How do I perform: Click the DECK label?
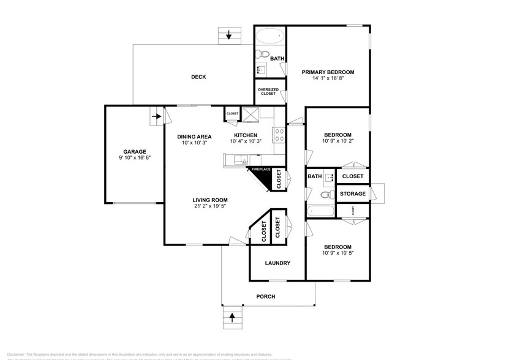tap(198, 77)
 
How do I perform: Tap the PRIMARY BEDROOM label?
tap(328, 72)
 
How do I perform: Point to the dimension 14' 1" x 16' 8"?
tap(328, 79)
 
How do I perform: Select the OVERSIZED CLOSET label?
tap(268, 92)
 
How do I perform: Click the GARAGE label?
tap(134, 151)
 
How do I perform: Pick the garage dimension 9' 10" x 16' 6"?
tap(134, 157)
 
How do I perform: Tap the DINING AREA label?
tap(194, 136)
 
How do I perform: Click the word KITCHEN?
tap(245, 135)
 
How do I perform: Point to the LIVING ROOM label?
tap(210, 200)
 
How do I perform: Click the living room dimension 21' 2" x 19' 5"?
tap(210, 206)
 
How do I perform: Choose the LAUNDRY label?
tap(277, 263)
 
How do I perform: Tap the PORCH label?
tap(266, 297)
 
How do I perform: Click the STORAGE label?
tap(352, 193)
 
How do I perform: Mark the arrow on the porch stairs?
tap(232, 317)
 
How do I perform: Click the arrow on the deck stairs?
tap(229, 35)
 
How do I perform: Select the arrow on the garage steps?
tap(156, 115)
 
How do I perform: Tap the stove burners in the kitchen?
tap(278, 135)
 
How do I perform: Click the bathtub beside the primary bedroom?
tap(270, 36)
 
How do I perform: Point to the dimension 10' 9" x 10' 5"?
tap(337, 253)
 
